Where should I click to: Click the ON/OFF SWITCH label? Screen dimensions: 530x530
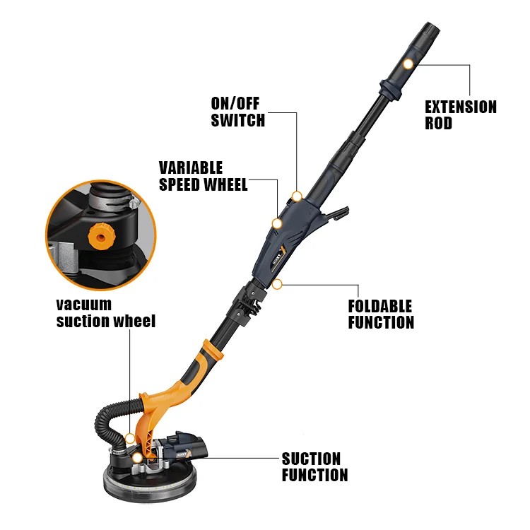pos(238,112)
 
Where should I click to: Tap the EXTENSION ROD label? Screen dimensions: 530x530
pos(460,115)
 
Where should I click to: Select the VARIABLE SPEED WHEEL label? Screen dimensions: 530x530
pos(203,176)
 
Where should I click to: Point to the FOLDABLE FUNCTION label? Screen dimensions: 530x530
pos(381,314)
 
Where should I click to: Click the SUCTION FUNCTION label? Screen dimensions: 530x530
pos(314,467)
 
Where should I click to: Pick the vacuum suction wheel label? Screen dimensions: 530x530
pos(106,312)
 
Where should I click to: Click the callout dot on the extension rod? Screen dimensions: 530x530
pos(408,64)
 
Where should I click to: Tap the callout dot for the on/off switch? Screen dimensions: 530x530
pos(297,196)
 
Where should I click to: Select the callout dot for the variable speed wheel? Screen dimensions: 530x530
pos(277,223)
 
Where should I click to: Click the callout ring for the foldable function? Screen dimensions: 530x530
pos(277,284)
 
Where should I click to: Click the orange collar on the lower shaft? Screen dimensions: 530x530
pos(213,351)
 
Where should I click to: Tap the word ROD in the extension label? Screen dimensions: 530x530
pos(438,123)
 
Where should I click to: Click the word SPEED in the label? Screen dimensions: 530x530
pos(180,184)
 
